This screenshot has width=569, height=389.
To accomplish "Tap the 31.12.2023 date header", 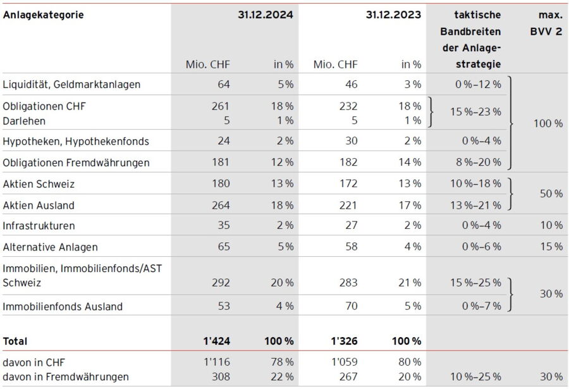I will [393, 15].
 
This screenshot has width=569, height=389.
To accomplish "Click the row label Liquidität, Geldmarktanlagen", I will [71, 84].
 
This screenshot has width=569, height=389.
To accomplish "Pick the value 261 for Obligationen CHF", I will [220, 106].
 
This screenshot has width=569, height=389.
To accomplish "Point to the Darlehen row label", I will [24, 120].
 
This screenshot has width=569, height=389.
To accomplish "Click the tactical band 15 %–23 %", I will [475, 112].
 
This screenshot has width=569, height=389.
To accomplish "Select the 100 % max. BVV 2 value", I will [548, 123].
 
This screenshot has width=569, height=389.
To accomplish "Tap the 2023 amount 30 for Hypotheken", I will [351, 141].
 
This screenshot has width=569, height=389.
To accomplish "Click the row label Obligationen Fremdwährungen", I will [76, 163].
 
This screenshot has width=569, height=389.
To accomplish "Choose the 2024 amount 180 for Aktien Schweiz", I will [220, 184].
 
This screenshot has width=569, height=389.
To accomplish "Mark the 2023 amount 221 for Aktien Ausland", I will [348, 205].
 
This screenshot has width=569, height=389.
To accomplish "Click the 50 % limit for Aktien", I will [550, 194].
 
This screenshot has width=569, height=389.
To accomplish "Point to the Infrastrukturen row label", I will [39, 226].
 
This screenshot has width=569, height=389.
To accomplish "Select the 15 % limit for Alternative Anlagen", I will [551, 247].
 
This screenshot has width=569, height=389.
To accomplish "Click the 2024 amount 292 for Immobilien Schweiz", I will [220, 283].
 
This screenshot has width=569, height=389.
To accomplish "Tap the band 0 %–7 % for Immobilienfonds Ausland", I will [481, 306].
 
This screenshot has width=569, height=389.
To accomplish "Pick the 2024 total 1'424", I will [216, 341].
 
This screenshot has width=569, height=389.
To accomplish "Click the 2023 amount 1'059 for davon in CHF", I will [345, 362].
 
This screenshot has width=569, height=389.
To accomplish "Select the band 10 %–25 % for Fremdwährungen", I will [475, 376].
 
